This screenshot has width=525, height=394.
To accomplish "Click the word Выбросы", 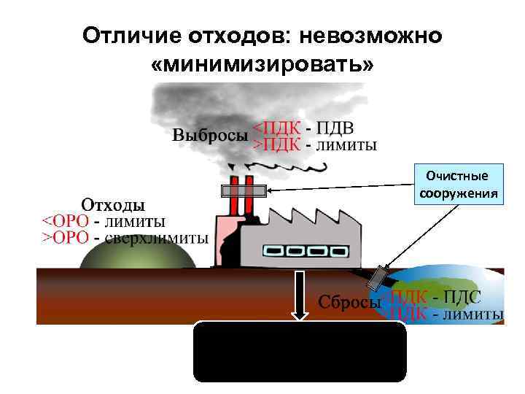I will click(x=210, y=136).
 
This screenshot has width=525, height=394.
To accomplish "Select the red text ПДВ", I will click(x=338, y=128).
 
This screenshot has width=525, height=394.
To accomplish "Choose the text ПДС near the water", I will click(x=464, y=297).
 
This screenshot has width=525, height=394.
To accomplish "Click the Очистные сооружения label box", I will click(x=458, y=185).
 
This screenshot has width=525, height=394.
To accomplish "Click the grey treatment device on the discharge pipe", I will click(x=378, y=277).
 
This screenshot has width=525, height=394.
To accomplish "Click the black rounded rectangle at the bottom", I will click(x=299, y=352).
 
